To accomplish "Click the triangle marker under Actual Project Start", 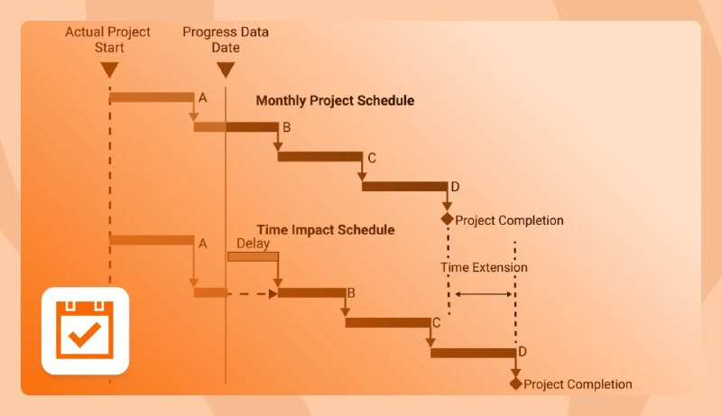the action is click(x=109, y=69).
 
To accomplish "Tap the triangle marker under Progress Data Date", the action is click(x=226, y=69).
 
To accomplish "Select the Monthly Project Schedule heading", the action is click(x=335, y=101).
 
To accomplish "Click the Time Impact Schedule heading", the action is click(x=326, y=229).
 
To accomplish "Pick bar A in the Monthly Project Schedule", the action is click(x=152, y=97).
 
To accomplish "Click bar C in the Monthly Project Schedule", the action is click(x=320, y=156).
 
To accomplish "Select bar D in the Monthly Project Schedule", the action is click(x=404, y=186).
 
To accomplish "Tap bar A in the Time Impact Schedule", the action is click(x=152, y=240).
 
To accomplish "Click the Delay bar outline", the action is click(x=253, y=256).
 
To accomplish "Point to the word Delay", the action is click(x=253, y=244).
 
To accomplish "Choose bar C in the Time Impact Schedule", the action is click(x=388, y=322).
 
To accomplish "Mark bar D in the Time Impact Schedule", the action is click(x=473, y=353).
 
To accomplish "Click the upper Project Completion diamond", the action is click(x=447, y=219).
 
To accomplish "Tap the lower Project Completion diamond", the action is click(x=515, y=384).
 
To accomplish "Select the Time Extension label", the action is click(x=484, y=267).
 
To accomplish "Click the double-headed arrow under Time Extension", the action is click(x=484, y=294).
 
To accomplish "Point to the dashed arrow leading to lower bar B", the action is click(x=253, y=293).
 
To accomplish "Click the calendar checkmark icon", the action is click(x=85, y=330).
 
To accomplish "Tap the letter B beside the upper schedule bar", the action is click(x=286, y=127).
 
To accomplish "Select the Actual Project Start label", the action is click(x=108, y=40).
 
